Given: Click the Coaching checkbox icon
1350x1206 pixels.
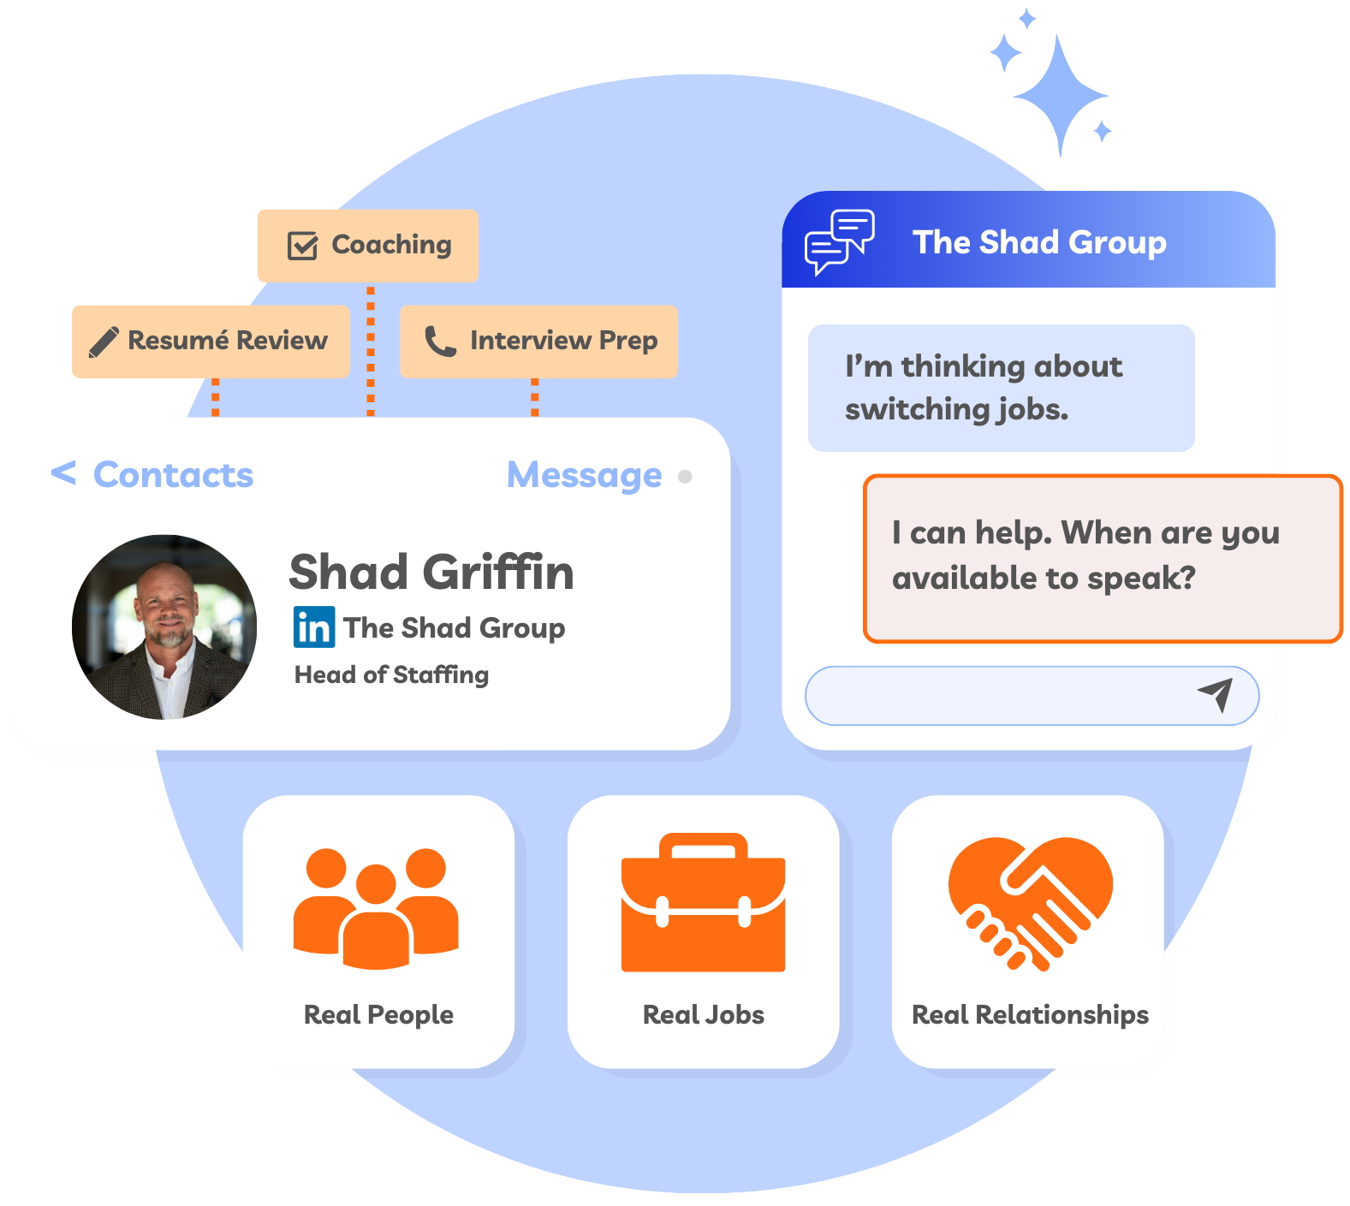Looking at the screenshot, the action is (x=302, y=245).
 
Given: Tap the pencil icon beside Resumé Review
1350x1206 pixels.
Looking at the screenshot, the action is (x=104, y=342).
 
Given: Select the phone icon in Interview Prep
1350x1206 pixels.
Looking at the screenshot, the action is (x=440, y=341).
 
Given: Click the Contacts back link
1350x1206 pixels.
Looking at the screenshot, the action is (x=152, y=474).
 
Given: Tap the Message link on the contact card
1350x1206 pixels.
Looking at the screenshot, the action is (x=585, y=475).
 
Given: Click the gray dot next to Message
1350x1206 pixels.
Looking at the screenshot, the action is (x=685, y=476).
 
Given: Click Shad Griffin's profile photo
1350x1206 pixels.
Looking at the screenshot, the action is (x=164, y=627).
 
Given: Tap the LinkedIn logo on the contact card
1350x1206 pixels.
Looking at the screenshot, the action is (x=314, y=627).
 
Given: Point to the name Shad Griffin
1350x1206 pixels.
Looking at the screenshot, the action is (x=431, y=572).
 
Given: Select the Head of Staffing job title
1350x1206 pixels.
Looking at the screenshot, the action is (x=392, y=674).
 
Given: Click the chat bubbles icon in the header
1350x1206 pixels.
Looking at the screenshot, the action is (x=840, y=241).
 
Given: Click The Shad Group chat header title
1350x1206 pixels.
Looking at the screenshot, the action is (x=1039, y=242).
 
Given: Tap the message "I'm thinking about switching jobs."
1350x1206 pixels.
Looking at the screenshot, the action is (x=1002, y=388).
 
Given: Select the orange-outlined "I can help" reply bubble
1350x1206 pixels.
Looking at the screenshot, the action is (x=1103, y=558).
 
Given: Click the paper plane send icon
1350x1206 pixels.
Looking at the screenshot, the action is (x=1216, y=695).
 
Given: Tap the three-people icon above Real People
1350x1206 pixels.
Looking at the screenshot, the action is (x=376, y=908).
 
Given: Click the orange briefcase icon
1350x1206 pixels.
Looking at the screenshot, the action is (x=703, y=902).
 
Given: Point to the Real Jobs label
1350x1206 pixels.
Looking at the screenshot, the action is (x=704, y=1014).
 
